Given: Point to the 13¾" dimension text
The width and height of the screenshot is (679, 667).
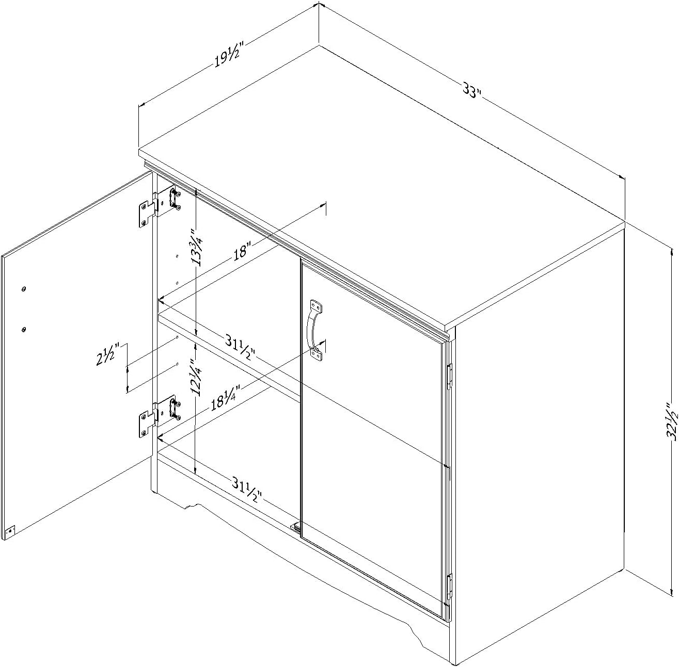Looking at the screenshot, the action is tap(198, 247).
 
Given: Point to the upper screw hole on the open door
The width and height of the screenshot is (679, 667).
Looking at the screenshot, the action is tap(23, 289).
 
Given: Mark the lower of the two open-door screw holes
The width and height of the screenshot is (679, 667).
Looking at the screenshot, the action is tap(23, 329).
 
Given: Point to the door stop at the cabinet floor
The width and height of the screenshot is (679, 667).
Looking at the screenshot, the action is tap(295, 537).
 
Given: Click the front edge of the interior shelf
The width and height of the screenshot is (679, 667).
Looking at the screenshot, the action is tap(229, 356).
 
